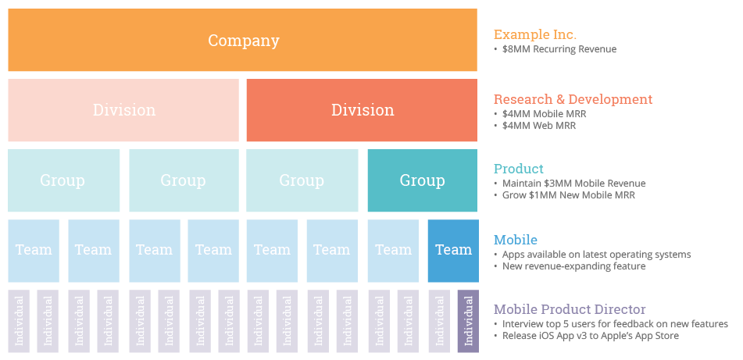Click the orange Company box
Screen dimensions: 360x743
[242, 40]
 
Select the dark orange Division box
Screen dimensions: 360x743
[362, 110]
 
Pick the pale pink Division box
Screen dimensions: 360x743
[123, 110]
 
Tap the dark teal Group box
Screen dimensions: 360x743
[422, 180]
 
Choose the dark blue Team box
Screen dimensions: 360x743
[453, 250]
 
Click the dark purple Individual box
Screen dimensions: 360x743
[468, 321]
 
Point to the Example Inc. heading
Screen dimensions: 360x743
[535, 34]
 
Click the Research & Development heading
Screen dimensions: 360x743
[573, 99]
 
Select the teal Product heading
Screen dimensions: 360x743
[519, 169]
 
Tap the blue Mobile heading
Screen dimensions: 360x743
[516, 240]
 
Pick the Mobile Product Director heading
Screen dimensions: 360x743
[570, 309]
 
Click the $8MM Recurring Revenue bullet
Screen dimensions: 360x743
[559, 49]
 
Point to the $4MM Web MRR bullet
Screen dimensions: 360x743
[539, 126]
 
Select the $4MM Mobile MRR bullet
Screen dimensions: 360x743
[544, 114]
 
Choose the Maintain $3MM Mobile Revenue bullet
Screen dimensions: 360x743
[573, 184]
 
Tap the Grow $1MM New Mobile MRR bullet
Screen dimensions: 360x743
[569, 195]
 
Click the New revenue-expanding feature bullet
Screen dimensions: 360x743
[573, 266]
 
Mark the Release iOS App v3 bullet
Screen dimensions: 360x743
[590, 336]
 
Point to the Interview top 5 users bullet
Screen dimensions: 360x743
[615, 324]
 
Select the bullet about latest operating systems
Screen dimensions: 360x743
[596, 255]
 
